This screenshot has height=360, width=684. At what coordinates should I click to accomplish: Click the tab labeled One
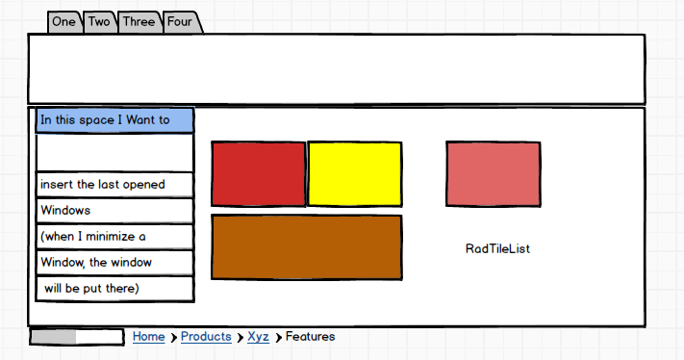point(64,22)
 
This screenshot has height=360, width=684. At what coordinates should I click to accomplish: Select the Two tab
point(99,22)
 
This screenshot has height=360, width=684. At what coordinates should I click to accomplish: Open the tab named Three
point(139,22)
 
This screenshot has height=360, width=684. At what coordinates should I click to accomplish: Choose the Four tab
point(180,22)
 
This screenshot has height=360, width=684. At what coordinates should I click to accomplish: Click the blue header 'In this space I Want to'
point(114,120)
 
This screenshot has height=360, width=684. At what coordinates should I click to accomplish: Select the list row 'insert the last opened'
point(114,185)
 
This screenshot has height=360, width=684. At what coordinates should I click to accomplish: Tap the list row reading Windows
point(114,211)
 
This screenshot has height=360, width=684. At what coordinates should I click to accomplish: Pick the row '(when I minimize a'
point(114,237)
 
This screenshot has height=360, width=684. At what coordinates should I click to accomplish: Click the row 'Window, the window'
point(114,263)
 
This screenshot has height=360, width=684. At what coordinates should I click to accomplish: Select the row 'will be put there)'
point(114,289)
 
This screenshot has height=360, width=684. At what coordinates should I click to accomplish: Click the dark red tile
point(259,173)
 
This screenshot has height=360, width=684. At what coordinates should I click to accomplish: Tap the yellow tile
point(355,173)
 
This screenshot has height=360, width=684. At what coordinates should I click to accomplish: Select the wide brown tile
point(307,247)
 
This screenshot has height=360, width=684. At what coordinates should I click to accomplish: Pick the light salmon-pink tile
point(494,173)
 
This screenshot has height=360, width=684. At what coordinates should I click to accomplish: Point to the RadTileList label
point(497,248)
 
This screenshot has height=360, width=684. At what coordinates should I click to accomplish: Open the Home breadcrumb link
point(149,337)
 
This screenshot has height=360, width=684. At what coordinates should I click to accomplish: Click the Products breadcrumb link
point(206,337)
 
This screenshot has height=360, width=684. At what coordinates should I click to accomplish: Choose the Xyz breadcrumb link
point(258,337)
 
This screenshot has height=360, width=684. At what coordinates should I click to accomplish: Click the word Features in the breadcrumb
point(310,337)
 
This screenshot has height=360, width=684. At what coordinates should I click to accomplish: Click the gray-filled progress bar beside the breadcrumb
point(77,337)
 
